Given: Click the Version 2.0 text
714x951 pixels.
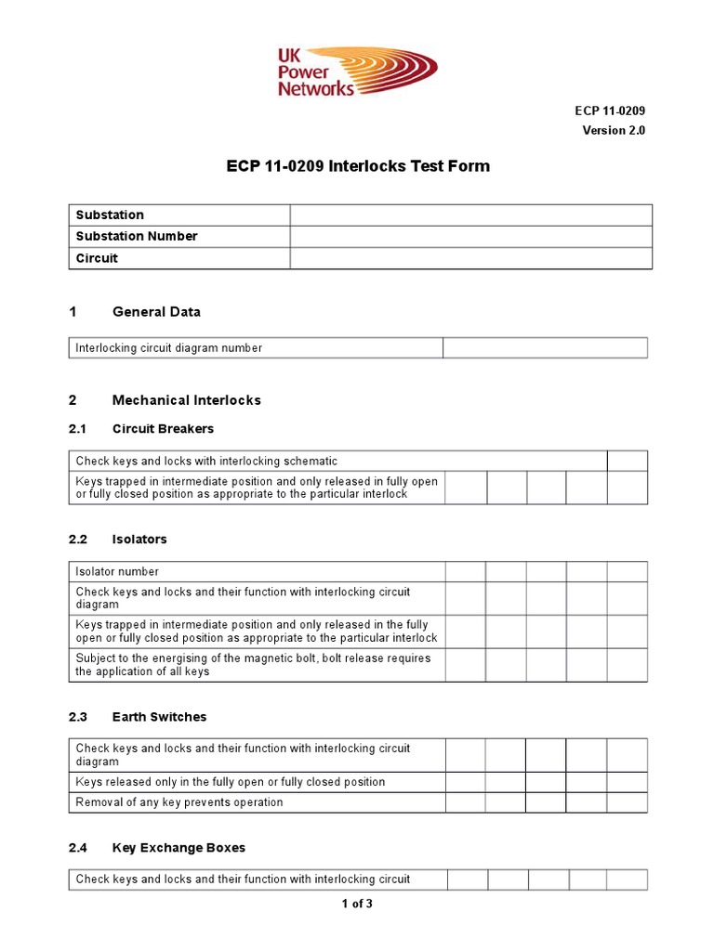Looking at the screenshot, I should [614, 130].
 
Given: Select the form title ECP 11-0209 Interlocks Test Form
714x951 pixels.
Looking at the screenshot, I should [358, 167].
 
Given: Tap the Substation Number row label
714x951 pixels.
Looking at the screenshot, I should [136, 236].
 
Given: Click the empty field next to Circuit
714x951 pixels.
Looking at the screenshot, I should [470, 258].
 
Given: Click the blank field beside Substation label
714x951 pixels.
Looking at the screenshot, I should [470, 215].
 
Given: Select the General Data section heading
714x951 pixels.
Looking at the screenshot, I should [156, 312].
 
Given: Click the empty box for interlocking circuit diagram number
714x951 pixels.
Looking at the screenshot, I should [545, 348].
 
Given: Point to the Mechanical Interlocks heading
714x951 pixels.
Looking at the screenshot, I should [186, 400].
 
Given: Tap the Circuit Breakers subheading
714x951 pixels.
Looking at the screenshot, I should [163, 429].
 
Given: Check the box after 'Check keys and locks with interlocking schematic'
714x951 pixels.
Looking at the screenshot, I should [628, 461].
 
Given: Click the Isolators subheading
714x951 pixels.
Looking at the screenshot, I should [139, 540].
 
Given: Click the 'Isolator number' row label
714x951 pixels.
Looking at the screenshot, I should [117, 571].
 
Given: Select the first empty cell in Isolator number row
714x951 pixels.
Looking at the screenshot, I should [465, 571].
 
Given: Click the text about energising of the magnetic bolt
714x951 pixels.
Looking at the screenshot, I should [240, 665].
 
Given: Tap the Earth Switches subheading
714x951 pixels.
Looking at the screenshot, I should [159, 717].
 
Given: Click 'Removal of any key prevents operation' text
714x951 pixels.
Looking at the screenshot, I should [179, 802].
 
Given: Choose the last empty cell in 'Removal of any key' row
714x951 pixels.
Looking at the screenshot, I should [628, 802].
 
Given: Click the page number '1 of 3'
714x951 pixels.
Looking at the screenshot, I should [357, 904].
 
